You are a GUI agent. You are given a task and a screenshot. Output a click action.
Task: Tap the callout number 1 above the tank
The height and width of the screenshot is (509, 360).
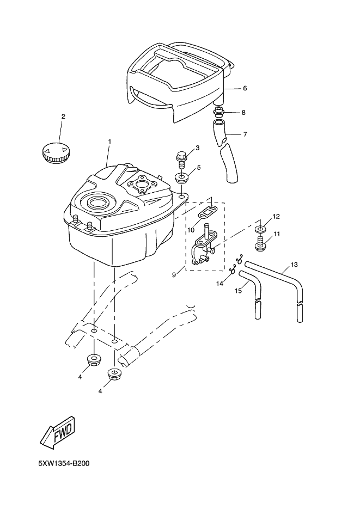[109, 142]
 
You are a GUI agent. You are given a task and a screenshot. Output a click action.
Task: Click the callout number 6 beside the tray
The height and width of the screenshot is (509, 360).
[245, 88]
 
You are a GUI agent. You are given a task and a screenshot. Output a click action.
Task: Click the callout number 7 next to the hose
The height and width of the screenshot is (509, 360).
[245, 134]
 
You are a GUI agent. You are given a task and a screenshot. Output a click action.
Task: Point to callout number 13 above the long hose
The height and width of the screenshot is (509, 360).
[294, 265]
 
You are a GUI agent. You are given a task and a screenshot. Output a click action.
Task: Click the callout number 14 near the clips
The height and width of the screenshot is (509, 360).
[219, 283]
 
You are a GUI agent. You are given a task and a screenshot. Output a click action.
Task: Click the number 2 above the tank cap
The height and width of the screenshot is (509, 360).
[63, 116]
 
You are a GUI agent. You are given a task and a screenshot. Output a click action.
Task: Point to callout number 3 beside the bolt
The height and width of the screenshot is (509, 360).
[197, 148]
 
